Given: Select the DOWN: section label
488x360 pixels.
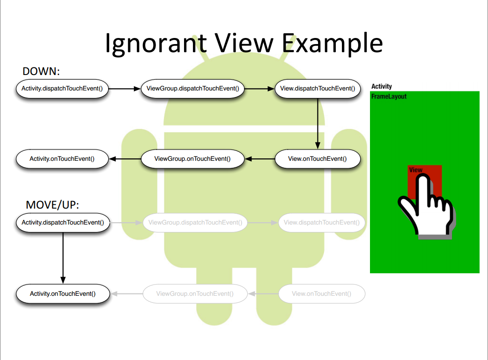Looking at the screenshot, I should point(41,71).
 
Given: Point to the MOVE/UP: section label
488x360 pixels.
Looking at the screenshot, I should point(53,205).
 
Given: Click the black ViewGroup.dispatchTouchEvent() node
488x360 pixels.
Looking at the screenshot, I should point(192,88).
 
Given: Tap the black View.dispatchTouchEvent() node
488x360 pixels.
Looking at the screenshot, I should point(317,88).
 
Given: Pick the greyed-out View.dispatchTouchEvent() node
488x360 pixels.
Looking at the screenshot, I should point(321,222).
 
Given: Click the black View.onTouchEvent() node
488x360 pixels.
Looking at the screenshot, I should point(317,159).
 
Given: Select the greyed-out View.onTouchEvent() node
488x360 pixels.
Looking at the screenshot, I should point(321,294).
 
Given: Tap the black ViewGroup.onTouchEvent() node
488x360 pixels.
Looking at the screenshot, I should point(192,159).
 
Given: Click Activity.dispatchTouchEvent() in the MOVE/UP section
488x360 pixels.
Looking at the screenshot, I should point(63,222).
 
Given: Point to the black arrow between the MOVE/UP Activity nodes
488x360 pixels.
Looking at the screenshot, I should point(63,258).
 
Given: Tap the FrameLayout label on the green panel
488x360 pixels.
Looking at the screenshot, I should point(389,97).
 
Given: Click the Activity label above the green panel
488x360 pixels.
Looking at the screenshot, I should point(381,86).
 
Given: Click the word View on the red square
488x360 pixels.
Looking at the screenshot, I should point(415,170).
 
